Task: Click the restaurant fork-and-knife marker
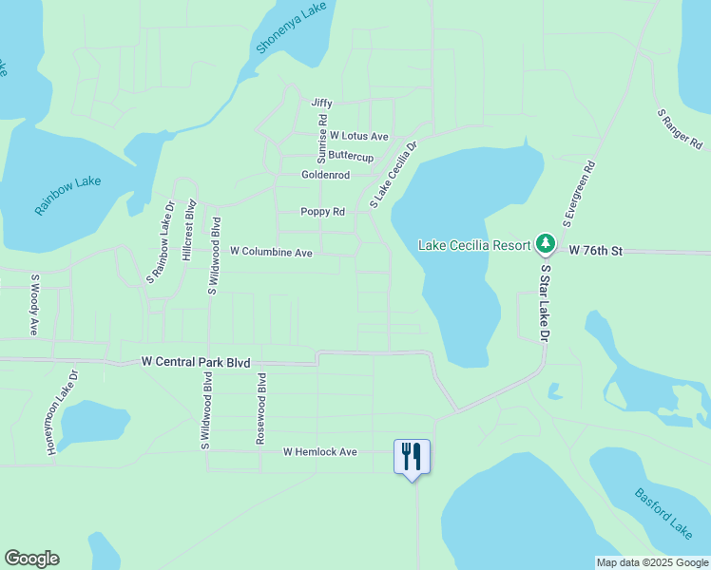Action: [x=412, y=456]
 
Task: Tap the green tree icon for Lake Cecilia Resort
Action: [x=546, y=245]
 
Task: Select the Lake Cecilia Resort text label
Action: [x=474, y=245]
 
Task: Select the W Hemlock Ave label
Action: [x=319, y=452]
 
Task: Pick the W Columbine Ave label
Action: [x=271, y=253]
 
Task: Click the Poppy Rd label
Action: [x=322, y=212]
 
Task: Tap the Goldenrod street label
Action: [x=326, y=176]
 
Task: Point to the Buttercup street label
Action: [x=351, y=156]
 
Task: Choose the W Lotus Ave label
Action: [x=359, y=137]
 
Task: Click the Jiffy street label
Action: [x=321, y=103]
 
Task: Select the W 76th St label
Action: [x=595, y=251]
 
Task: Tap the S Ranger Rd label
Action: [x=680, y=129]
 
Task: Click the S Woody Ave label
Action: [x=34, y=305]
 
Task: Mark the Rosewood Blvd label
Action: [x=261, y=409]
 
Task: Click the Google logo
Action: [x=31, y=559]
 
